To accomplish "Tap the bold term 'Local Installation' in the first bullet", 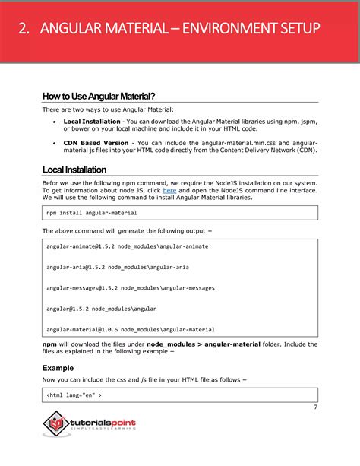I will pos(91,121).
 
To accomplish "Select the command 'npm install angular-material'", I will pos(92,214).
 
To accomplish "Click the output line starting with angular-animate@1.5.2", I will pos(127,247).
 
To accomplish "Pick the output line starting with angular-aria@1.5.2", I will pos(118,268).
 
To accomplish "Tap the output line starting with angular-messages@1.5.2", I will pos(130,288).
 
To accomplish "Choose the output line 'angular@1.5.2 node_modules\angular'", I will pos(102,309).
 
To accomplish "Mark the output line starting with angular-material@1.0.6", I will pos(130,330).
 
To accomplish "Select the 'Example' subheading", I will pos(58,368).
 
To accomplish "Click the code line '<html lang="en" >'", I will pos(74,395).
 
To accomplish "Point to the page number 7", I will pos(314,408).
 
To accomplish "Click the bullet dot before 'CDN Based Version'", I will pos(54,142).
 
